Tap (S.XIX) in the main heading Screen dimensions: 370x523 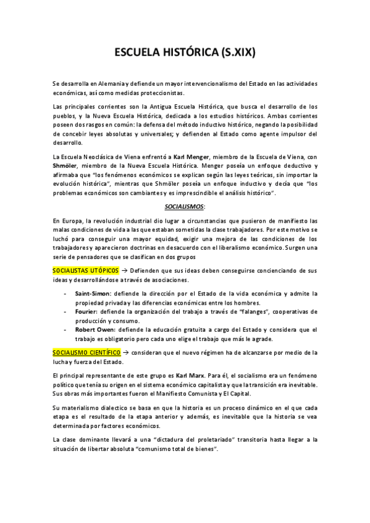point(237,54)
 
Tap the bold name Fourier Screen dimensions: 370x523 point(85,312)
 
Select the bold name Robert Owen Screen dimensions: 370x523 point(94,330)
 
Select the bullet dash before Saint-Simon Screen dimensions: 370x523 point(65,294)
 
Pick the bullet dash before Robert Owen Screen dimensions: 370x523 point(65,330)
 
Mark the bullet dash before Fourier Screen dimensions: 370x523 point(65,312)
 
